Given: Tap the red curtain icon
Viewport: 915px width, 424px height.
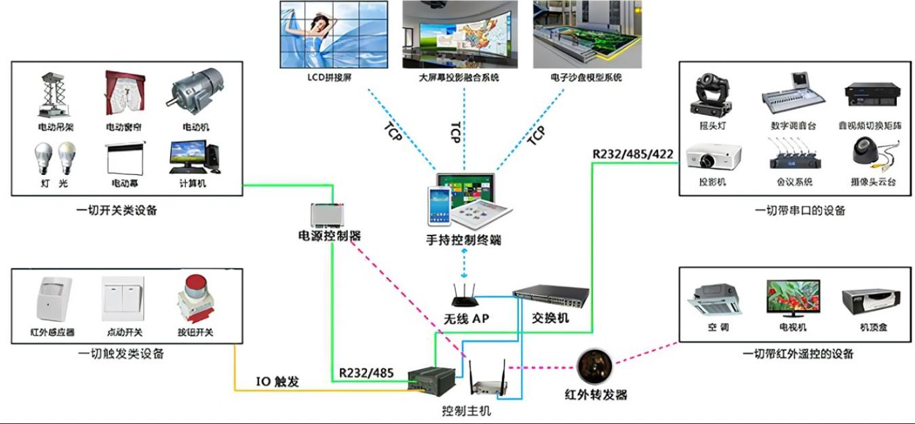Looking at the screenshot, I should (x=123, y=95).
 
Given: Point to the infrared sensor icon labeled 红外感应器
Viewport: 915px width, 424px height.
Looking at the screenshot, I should (x=53, y=298).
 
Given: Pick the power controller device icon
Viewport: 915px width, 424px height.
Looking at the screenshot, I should (x=329, y=216).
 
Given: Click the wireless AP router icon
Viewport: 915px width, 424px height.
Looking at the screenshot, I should (x=465, y=296).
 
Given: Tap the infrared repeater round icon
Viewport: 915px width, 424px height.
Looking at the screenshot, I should (x=595, y=367).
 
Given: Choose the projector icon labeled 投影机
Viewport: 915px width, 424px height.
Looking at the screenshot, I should (x=713, y=157).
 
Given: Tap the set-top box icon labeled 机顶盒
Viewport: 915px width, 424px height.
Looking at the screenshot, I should (x=872, y=301).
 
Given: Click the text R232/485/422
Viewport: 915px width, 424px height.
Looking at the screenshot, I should (x=633, y=154).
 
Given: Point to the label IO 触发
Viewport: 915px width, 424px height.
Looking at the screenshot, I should (x=277, y=382).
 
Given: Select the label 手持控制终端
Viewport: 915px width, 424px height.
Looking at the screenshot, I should (x=463, y=239).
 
